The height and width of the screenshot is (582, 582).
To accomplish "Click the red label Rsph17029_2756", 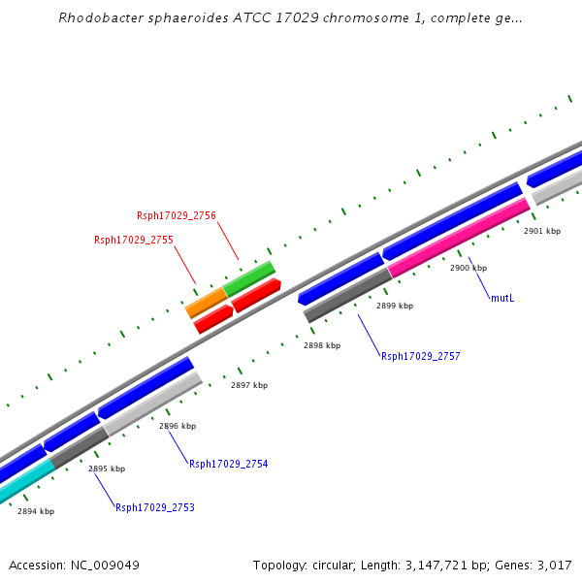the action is tap(177, 215).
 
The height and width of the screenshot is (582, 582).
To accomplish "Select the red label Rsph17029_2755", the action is tap(134, 240).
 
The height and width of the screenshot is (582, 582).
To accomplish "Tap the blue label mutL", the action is tap(502, 298).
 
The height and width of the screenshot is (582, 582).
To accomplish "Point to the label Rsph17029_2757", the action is tap(420, 357).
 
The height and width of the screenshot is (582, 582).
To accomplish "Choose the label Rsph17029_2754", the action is tap(228, 465).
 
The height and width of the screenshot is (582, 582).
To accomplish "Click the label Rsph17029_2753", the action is tap(154, 507).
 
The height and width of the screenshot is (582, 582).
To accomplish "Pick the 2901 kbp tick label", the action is tap(542, 232).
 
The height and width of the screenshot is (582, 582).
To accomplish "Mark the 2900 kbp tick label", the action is tap(469, 268).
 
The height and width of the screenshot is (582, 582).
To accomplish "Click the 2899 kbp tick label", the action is tap(395, 306).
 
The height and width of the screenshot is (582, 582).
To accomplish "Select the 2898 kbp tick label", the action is tap(322, 345).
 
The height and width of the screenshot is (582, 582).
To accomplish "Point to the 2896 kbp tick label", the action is tap(178, 426).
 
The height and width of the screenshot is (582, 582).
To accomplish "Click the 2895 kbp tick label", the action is tap(107, 469).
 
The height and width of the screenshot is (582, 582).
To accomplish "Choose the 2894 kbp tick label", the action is tap(36, 511).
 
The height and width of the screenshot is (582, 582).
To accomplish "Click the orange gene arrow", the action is tap(206, 304).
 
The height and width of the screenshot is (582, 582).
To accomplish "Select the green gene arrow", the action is tap(249, 277).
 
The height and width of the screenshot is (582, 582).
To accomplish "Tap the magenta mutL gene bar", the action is tap(458, 239).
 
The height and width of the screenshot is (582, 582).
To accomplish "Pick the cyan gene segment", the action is tap(25, 480).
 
